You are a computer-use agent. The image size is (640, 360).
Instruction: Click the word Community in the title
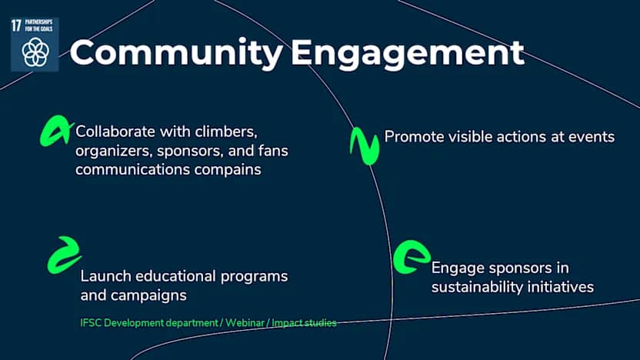pos(176,53)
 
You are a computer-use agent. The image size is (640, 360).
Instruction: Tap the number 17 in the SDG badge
pos(16,25)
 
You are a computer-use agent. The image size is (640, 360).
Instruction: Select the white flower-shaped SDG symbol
pos(35,52)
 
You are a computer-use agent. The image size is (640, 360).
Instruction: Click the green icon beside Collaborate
pos(56,131)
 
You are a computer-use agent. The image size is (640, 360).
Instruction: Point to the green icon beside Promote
pos(365,145)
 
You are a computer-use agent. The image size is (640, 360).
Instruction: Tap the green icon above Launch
pos(64,255)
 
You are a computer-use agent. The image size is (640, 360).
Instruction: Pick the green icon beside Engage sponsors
pos(411,257)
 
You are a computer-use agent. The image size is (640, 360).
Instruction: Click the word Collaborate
pos(115,132)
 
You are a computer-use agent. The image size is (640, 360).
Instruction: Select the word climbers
pos(226,132)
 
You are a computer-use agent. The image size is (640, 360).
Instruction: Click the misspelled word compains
pos(228,170)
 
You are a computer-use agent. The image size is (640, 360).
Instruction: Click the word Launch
pos(105,276)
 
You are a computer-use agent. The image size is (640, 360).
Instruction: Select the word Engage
pos(458,268)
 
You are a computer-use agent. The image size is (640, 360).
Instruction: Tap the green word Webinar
pos(245,323)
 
